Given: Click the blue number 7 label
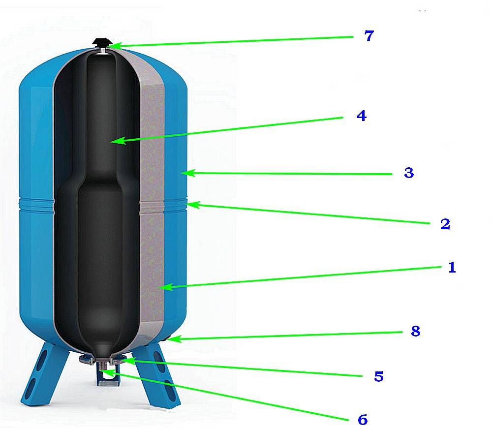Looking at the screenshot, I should [369, 36].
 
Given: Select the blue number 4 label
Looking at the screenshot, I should [361, 116].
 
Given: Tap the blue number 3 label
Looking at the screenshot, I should [408, 173].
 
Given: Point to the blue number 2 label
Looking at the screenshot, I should [445, 224].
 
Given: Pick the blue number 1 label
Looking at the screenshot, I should [452, 268].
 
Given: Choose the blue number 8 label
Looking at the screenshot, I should [415, 331].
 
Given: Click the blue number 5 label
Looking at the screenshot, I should [378, 376].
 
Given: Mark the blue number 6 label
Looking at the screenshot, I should [362, 420].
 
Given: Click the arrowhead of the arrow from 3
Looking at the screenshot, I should [184, 173].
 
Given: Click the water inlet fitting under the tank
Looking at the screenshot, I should [105, 373].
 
